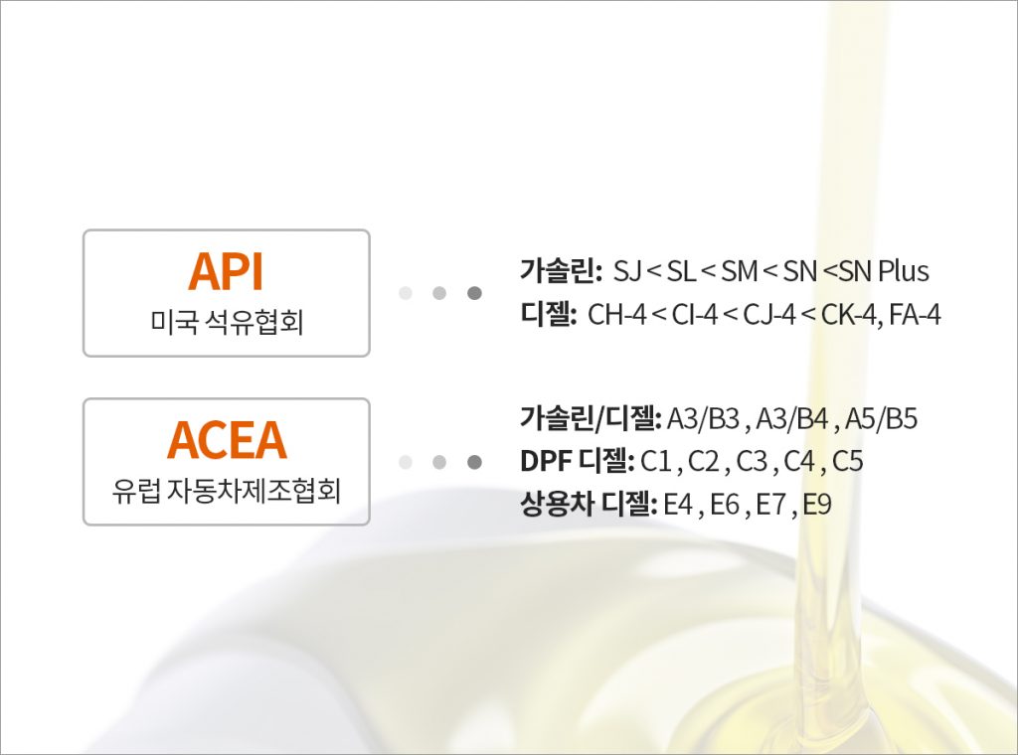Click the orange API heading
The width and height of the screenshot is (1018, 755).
pyautogui.click(x=226, y=272)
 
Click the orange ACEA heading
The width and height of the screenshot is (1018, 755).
pyautogui.click(x=227, y=440)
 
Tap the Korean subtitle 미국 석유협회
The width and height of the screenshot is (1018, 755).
pyautogui.click(x=227, y=321)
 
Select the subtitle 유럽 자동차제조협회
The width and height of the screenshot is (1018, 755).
pyautogui.click(x=227, y=490)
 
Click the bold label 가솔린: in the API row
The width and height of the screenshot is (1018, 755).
pyautogui.click(x=562, y=270)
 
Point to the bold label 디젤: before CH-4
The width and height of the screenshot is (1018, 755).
pyautogui.click(x=549, y=314)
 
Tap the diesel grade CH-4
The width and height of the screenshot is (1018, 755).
pyautogui.click(x=617, y=315)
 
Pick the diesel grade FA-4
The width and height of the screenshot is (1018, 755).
pyautogui.click(x=915, y=315)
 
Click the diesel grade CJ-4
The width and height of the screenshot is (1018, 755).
pyautogui.click(x=769, y=315)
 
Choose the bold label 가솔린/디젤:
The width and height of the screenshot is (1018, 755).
pyautogui.click(x=591, y=417)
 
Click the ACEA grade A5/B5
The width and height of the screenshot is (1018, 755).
pyautogui.click(x=881, y=418)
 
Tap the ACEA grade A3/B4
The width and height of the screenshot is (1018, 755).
pyautogui.click(x=792, y=418)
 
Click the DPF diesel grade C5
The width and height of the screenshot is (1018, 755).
pyautogui.click(x=847, y=461)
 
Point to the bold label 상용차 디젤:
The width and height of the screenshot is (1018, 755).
pyautogui.click(x=589, y=504)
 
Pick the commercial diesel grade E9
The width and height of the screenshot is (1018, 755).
pyautogui.click(x=817, y=504)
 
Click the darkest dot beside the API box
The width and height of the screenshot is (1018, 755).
pyautogui.click(x=474, y=293)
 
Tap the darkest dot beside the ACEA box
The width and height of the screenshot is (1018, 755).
pyautogui.click(x=474, y=462)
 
